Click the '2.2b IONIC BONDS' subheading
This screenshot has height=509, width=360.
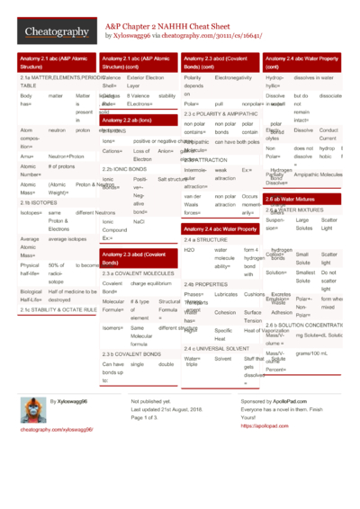[x=122, y=169]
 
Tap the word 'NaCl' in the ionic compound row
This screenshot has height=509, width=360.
[x=139, y=220]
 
